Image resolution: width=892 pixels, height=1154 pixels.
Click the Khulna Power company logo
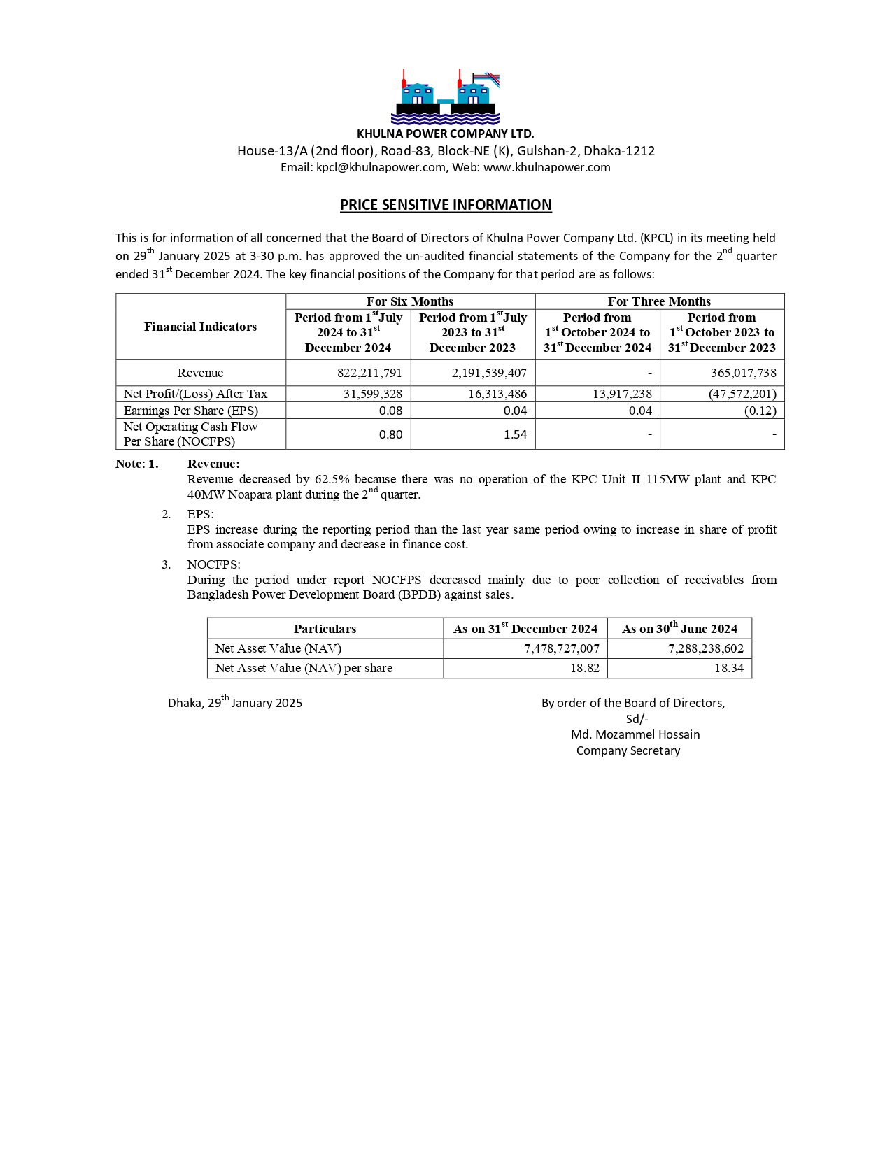point(445,97)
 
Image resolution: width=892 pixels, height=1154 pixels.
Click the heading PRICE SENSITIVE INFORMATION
point(446,205)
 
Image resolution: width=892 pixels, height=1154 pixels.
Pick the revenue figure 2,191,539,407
point(489,373)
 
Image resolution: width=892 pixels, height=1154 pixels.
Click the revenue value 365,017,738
point(743,373)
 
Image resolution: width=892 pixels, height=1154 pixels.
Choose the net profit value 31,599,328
point(372,394)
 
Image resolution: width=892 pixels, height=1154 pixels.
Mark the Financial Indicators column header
point(200,327)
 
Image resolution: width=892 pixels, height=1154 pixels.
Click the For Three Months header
point(659,301)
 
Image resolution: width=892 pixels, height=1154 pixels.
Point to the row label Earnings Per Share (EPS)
point(191,411)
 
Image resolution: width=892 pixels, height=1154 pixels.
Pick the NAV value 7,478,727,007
point(562,648)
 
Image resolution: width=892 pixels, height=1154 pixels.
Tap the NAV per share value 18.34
point(728,668)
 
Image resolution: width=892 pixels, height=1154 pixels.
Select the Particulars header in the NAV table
point(325,629)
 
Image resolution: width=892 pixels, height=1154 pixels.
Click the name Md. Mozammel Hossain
point(635,734)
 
